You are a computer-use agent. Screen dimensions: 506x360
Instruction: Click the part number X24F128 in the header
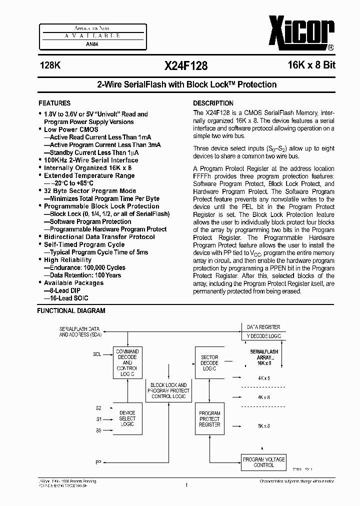(185, 65)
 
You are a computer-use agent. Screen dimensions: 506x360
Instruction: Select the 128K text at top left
(49, 65)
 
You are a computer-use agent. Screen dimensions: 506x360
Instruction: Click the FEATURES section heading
(54, 103)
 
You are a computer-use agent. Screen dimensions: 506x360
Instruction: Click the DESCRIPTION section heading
(213, 103)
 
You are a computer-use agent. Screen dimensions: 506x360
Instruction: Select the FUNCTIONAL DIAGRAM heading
(71, 310)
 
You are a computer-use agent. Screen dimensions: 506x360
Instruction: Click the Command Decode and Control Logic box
(126, 362)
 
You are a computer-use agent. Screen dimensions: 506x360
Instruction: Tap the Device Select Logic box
(127, 418)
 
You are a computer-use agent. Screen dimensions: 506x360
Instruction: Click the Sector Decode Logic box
(209, 363)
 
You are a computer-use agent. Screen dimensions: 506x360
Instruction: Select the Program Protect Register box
(209, 418)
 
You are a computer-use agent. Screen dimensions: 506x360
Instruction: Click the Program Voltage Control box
(263, 462)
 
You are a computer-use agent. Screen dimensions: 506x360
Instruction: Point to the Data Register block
(263, 327)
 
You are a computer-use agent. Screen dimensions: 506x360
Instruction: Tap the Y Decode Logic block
(263, 336)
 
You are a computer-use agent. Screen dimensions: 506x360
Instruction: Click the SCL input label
(97, 354)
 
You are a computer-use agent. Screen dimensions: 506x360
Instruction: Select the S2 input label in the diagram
(98, 408)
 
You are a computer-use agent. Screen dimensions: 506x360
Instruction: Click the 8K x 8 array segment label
(263, 425)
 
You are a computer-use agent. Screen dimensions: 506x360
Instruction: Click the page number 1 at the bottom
(185, 484)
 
